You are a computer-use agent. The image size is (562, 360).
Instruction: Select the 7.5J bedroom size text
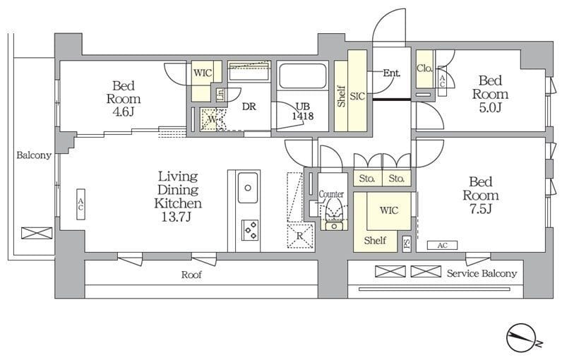pos(481,208)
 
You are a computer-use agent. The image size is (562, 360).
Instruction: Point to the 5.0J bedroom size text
pos(490,107)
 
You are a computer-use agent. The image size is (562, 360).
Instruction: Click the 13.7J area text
pos(176,217)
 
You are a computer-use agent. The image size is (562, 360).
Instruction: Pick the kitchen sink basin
pos(248,187)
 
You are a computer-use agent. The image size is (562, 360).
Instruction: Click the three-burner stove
pos(250,230)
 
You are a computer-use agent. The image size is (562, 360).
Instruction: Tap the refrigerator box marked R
pos(300,236)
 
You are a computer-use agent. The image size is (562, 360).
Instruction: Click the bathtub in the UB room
pos(302,76)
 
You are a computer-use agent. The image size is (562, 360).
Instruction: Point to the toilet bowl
pos(334,215)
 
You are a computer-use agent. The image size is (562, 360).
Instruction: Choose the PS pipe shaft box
pos(407,244)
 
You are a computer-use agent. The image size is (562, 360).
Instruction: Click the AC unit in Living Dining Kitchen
pos(80,204)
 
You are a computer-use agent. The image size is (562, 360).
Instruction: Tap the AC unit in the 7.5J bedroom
pos(442,246)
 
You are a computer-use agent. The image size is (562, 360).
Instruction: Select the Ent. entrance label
pos(391,73)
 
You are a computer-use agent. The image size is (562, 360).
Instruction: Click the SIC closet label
pos(357,96)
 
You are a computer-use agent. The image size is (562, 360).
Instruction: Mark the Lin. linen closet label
pos(221,94)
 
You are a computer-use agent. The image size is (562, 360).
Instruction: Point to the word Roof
pos(191,275)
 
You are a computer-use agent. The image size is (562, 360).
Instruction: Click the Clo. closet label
pos(425,68)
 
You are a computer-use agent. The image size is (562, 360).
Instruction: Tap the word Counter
pos(331,194)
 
